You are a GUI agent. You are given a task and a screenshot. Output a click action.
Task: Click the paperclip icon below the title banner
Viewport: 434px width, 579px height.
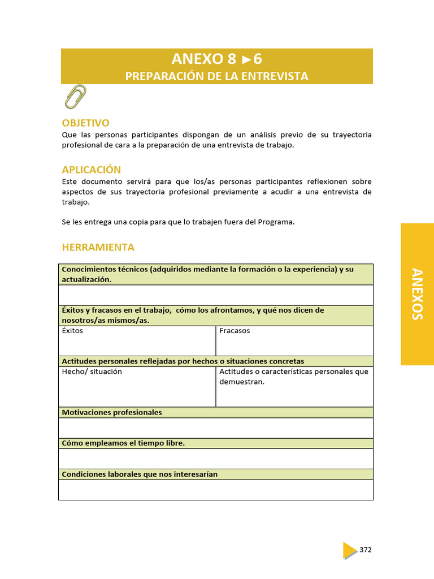coord(75,97)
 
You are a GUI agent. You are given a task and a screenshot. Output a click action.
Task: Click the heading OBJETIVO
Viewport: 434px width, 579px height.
coord(85,123)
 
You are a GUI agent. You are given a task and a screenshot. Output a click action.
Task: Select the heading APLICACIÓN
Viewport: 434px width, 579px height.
coord(91,170)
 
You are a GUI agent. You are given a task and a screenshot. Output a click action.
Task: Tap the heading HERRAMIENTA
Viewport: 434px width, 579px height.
coord(98,247)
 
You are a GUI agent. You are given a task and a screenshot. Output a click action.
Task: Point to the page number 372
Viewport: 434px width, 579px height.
coord(366,550)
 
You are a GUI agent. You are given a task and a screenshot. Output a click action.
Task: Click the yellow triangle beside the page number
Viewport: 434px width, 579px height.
coord(349,550)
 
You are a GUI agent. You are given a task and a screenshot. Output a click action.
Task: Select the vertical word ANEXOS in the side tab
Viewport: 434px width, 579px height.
coord(417,294)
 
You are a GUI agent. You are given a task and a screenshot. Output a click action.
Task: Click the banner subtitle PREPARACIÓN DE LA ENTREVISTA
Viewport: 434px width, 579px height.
coord(216,76)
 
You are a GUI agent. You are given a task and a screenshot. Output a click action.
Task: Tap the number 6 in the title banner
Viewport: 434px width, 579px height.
coord(258,59)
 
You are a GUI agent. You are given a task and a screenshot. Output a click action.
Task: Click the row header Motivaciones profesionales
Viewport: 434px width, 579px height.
coord(112,412)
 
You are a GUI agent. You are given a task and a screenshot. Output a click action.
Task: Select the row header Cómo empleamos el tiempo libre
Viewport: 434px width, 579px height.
coord(123,443)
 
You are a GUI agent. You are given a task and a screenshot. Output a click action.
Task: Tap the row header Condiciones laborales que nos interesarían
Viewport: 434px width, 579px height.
coord(140,474)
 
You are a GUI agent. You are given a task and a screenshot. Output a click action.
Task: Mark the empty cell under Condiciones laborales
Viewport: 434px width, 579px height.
coord(215,490)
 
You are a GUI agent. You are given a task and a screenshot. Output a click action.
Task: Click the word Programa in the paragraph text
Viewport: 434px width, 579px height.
coord(276,222)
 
